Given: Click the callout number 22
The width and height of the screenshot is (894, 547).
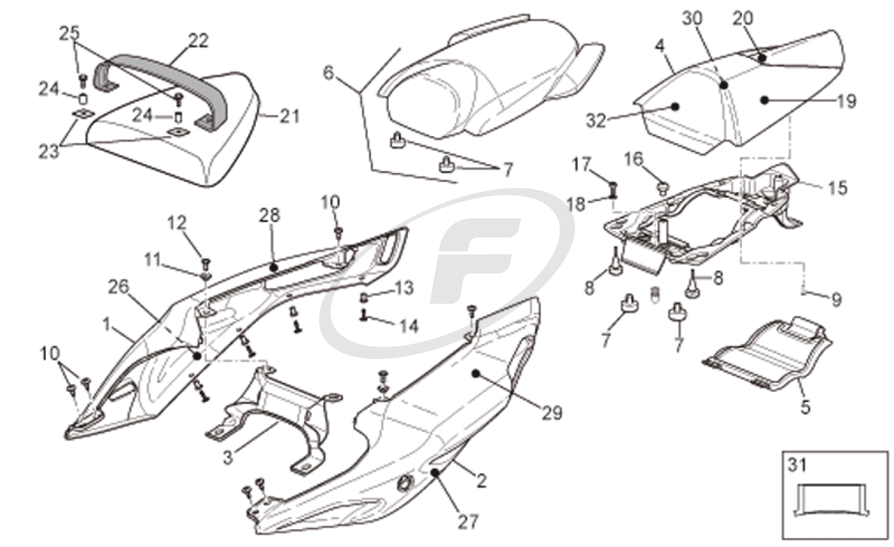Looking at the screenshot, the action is tap(198, 40).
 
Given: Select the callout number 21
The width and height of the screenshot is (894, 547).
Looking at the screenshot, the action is tap(290, 116).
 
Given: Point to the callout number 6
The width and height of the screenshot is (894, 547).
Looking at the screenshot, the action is tap(328, 73).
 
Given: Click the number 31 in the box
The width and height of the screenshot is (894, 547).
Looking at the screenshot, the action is tap(797, 466).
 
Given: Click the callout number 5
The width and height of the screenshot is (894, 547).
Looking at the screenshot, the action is tap(806, 408).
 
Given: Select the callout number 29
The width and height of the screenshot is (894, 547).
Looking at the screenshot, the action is tap(552, 413).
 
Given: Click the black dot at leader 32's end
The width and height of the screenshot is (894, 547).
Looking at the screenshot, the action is tap(675, 107).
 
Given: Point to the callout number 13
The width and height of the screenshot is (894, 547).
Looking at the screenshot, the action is tap(404, 288).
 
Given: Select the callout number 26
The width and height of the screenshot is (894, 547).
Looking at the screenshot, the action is tap(119, 287).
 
